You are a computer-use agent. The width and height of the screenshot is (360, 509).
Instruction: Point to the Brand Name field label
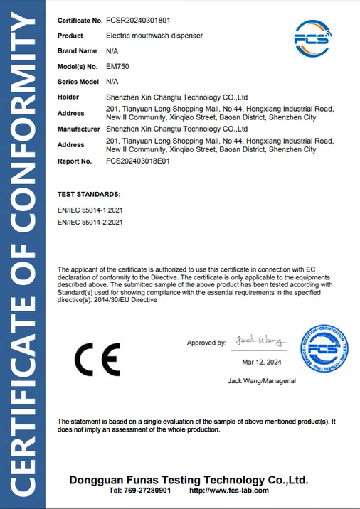(77, 51)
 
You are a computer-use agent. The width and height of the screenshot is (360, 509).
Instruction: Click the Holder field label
(68, 97)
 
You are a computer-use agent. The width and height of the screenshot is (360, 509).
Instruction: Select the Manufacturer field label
(78, 129)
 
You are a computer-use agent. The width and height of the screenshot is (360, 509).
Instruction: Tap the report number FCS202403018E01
(137, 161)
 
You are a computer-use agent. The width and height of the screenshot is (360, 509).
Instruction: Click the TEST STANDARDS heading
(89, 194)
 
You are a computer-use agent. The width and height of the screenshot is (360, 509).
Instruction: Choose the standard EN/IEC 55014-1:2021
(90, 210)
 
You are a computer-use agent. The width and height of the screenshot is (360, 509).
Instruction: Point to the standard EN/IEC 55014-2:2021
(90, 223)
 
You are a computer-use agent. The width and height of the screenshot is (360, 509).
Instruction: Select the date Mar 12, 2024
(262, 362)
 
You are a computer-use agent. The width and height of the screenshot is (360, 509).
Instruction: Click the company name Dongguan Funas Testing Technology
(189, 480)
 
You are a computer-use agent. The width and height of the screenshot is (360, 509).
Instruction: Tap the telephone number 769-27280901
(147, 491)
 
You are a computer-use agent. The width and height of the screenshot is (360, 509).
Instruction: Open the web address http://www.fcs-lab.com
(229, 491)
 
